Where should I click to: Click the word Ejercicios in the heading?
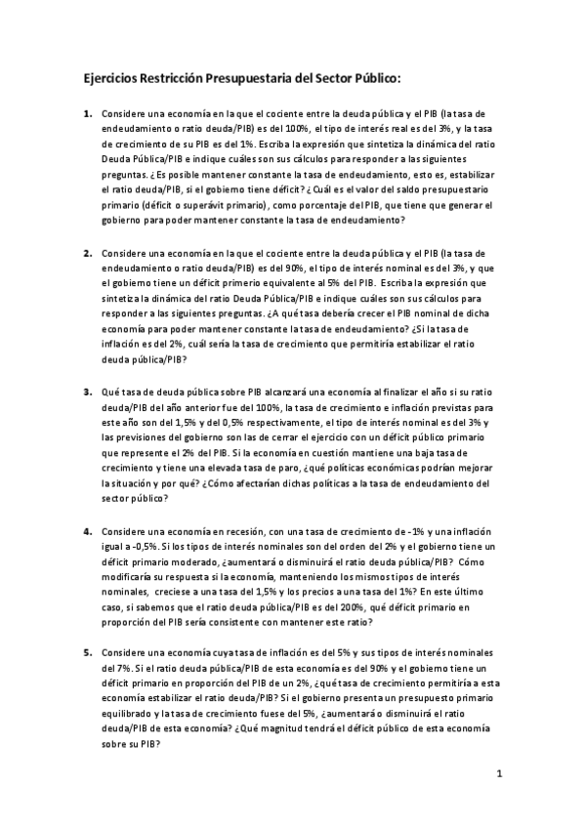click(110, 77)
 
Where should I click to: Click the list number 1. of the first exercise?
click(88, 113)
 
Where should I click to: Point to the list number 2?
click(88, 252)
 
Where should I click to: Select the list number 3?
click(88, 391)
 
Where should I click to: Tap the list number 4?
click(88, 529)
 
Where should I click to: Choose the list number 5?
click(88, 651)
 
